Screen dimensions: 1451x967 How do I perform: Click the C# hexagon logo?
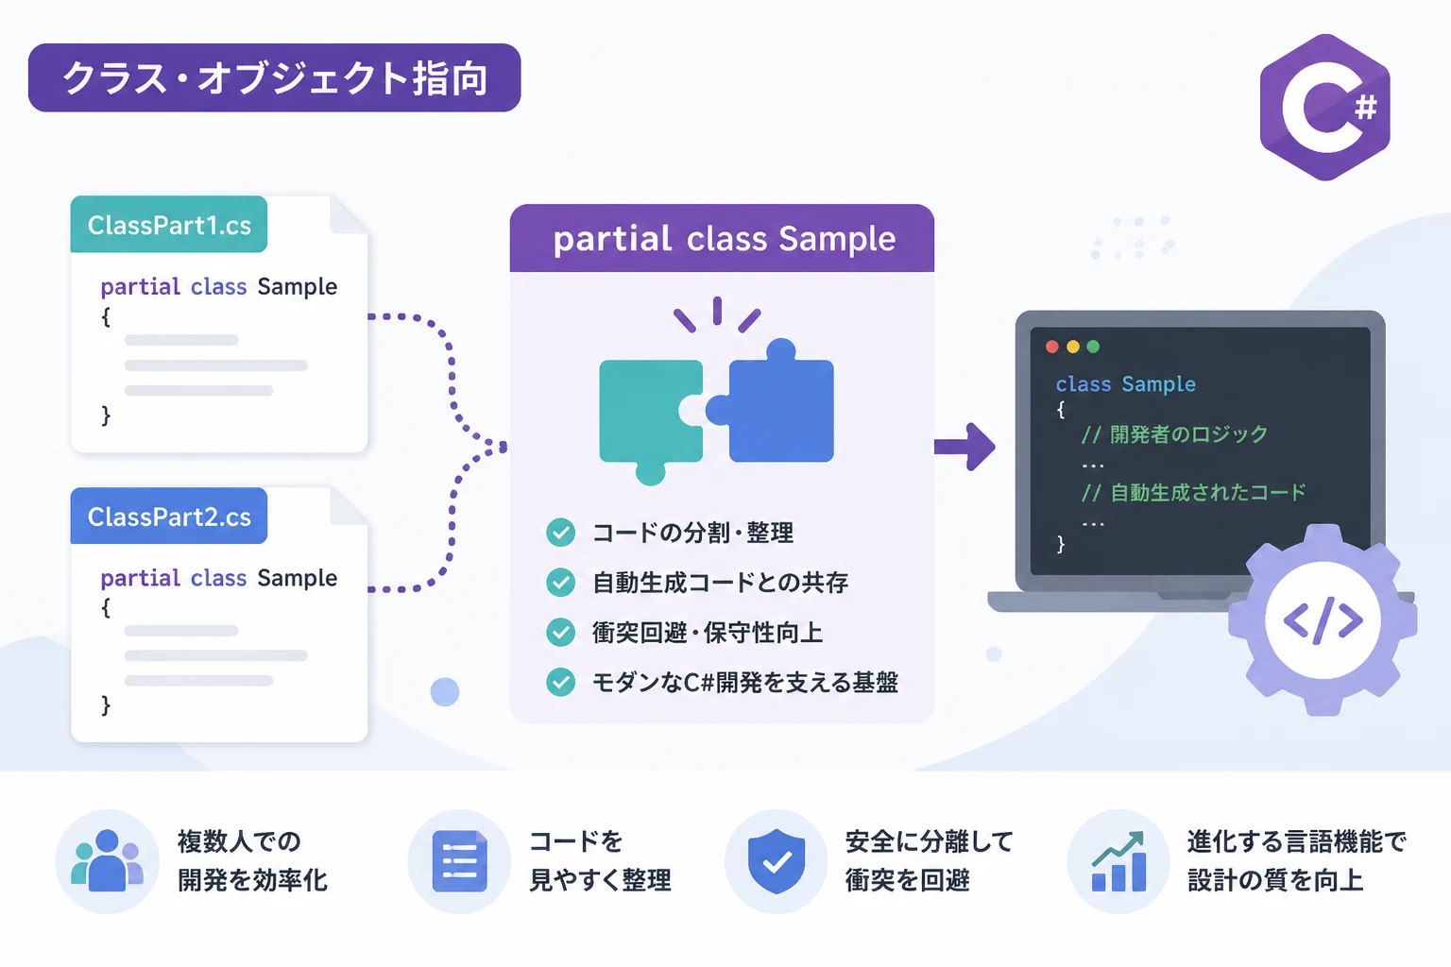pyautogui.click(x=1324, y=108)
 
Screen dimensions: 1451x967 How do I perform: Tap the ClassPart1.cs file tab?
pyautogui.click(x=169, y=224)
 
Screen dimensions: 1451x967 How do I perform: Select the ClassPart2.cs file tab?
pyautogui.click(x=169, y=516)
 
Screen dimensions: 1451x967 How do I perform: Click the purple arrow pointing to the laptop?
pyautogui.click(x=964, y=447)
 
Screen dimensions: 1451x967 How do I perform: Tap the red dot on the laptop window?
pyautogui.click(x=1052, y=348)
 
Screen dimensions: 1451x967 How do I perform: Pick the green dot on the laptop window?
pyautogui.click(x=1093, y=348)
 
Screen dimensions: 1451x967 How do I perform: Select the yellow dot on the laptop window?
pyautogui.click(x=1073, y=348)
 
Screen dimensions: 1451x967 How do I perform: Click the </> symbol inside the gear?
pyautogui.click(x=1323, y=620)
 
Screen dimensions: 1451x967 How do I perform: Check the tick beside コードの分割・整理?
pyautogui.click(x=560, y=533)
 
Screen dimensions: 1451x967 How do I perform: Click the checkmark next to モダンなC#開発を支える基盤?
pyautogui.click(x=560, y=682)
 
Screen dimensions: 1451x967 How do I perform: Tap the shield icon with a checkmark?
pyautogui.click(x=776, y=861)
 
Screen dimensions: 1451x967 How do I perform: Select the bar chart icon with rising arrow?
pyautogui.click(x=1118, y=861)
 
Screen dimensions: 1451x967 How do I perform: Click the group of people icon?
pyautogui.click(x=107, y=861)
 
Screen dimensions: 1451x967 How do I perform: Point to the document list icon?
pyautogui.click(x=459, y=861)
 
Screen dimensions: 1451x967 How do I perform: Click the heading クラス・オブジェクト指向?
pyautogui.click(x=275, y=78)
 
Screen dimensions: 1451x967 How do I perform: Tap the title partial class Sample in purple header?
pyautogui.click(x=725, y=238)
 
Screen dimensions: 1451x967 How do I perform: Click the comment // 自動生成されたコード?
pyautogui.click(x=1193, y=493)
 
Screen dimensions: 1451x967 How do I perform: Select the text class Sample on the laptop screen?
pyautogui.click(x=1126, y=384)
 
